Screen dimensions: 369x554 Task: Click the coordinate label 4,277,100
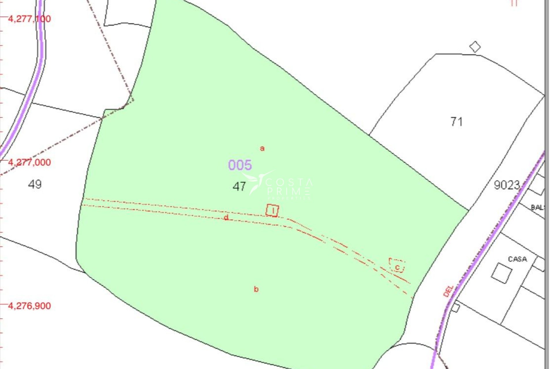pos(29,19)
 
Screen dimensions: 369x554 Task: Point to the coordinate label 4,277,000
pos(29,162)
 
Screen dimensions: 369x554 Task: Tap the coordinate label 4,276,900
pos(29,306)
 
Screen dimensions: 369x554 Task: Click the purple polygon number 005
pos(240,165)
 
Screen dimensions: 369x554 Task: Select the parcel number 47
pos(239,187)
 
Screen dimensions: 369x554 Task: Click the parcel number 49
pos(35,184)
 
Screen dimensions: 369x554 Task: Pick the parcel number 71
pos(456,122)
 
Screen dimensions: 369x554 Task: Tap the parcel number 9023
pos(507,185)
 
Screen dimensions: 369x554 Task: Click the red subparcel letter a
pos(262,148)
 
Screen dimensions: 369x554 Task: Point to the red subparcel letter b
pos(256,289)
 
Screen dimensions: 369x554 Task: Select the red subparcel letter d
pos(226,218)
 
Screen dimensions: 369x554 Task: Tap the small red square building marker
pos(272,210)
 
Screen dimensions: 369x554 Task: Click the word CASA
pos(517,259)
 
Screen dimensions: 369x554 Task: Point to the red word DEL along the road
pos(448,291)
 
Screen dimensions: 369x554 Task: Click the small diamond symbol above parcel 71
pos(475,47)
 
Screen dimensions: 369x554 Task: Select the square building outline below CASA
pos(501,273)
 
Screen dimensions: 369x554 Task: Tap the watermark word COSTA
pos(289,182)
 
